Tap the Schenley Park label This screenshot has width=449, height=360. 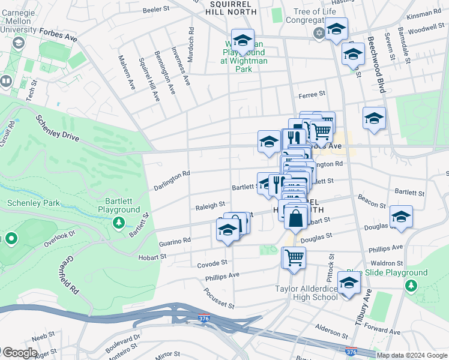click(x=33, y=203)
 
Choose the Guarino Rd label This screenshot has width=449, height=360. click(x=175, y=241)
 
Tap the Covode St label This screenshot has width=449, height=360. click(x=212, y=263)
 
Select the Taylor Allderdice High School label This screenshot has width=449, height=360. click(x=306, y=293)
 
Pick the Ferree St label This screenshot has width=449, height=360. click(x=312, y=94)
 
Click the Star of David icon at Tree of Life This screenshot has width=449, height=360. click(x=319, y=32)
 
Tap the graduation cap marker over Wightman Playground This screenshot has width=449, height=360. click(x=243, y=41)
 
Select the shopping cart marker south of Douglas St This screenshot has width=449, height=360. click(x=294, y=257)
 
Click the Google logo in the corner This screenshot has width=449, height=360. click(x=20, y=353)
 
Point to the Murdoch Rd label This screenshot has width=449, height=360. click(x=191, y=40)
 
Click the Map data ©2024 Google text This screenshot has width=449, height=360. click(x=411, y=355)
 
